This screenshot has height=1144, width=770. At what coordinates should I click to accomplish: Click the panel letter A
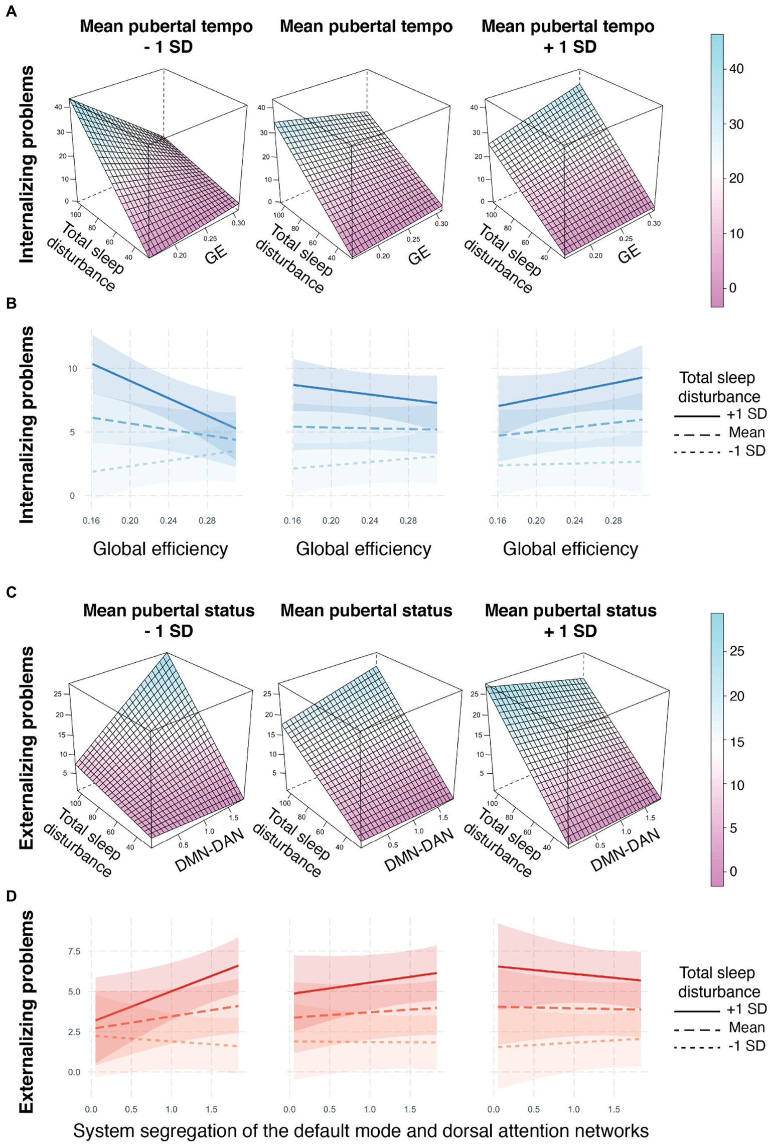point(11,12)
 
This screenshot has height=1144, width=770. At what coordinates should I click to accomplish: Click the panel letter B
point(11,304)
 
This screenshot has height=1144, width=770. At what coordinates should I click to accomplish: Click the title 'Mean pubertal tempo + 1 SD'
point(568,36)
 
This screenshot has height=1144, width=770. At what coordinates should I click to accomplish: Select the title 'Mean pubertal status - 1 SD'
point(169,620)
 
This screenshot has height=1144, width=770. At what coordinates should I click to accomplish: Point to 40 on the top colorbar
point(736,69)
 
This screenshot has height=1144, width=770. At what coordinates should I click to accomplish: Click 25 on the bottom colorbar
point(737,651)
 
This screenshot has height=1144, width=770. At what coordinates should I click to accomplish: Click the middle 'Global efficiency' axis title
point(364,549)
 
